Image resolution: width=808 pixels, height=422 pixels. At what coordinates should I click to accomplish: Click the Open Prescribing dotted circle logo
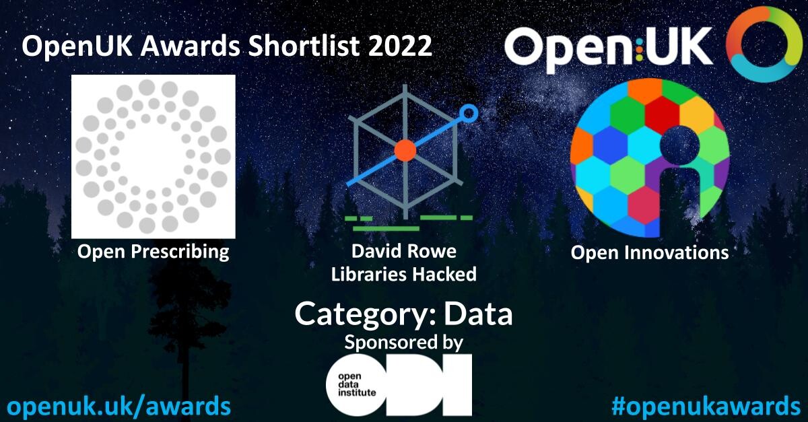coord(154,157)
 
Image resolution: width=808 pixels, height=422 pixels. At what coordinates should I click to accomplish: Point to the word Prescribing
coord(180,252)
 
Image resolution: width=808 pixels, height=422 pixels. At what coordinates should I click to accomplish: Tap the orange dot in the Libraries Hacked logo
coord(405,150)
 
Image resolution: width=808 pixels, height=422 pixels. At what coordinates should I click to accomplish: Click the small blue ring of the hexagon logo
coord(469,113)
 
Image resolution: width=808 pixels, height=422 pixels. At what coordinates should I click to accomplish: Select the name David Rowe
coord(403,251)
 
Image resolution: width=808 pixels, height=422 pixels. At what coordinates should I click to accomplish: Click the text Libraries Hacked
coord(403,274)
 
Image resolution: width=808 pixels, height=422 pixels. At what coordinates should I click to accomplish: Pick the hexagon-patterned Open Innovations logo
coord(649,158)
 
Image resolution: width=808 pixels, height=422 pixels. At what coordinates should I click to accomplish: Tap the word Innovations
coord(676,252)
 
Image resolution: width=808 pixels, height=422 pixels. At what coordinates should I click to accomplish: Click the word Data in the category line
coord(478,314)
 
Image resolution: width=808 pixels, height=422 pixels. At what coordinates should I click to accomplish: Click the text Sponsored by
coord(403,343)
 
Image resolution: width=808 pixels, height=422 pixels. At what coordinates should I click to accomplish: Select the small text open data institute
coord(356,384)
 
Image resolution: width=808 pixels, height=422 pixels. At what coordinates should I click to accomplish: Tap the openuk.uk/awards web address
coord(119,406)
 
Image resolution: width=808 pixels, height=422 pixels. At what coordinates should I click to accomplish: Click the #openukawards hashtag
coord(706,406)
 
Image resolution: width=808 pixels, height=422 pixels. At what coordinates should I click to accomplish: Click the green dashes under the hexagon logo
coord(408,223)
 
